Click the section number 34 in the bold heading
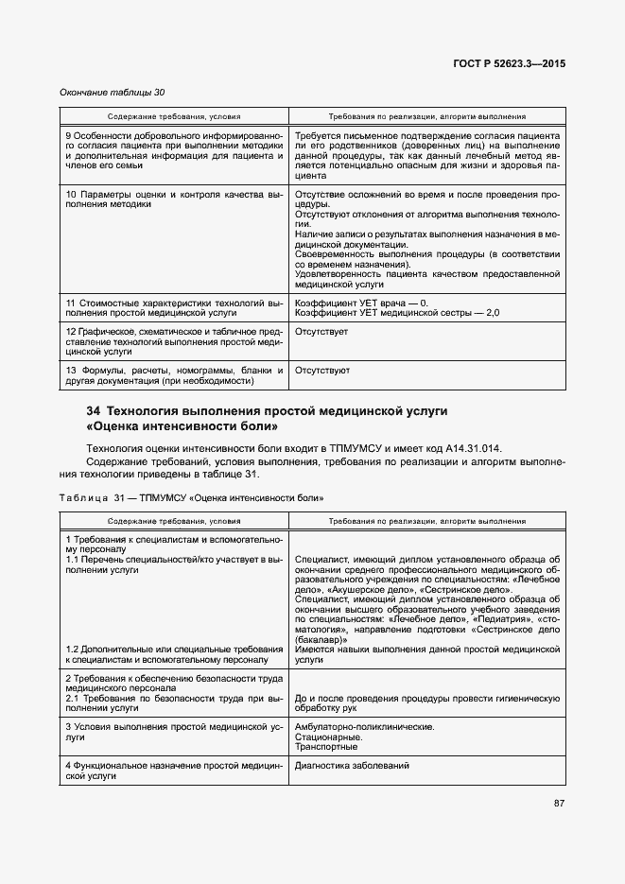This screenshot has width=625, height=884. pyautogui.click(x=93, y=411)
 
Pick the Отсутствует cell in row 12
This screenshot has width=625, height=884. pyautogui.click(x=321, y=332)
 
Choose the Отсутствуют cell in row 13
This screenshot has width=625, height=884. pyautogui.click(x=322, y=371)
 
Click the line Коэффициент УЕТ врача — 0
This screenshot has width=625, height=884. pyautogui.click(x=361, y=303)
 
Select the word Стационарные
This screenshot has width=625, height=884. pyautogui.click(x=327, y=737)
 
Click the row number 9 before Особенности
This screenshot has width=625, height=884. pyautogui.click(x=69, y=137)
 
